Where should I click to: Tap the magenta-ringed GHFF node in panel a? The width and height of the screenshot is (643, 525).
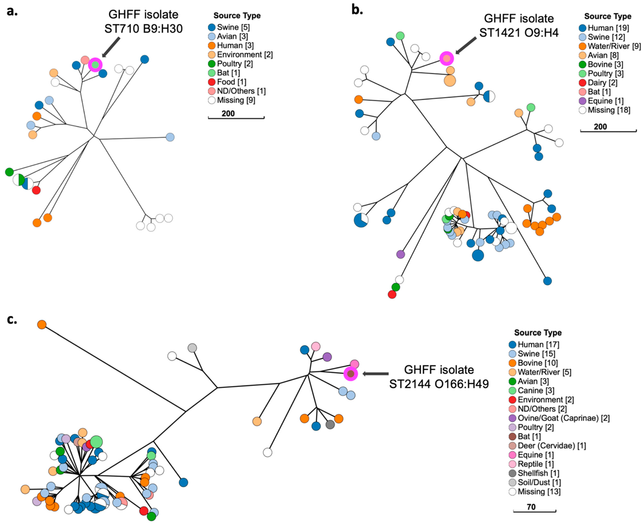(95, 65)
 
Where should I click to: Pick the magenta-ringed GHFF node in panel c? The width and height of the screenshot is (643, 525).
(351, 374)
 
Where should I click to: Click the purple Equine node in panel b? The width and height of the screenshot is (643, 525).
(400, 254)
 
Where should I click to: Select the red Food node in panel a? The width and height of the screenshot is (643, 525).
(36, 190)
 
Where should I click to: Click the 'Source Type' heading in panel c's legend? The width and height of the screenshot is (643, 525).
(538, 333)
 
